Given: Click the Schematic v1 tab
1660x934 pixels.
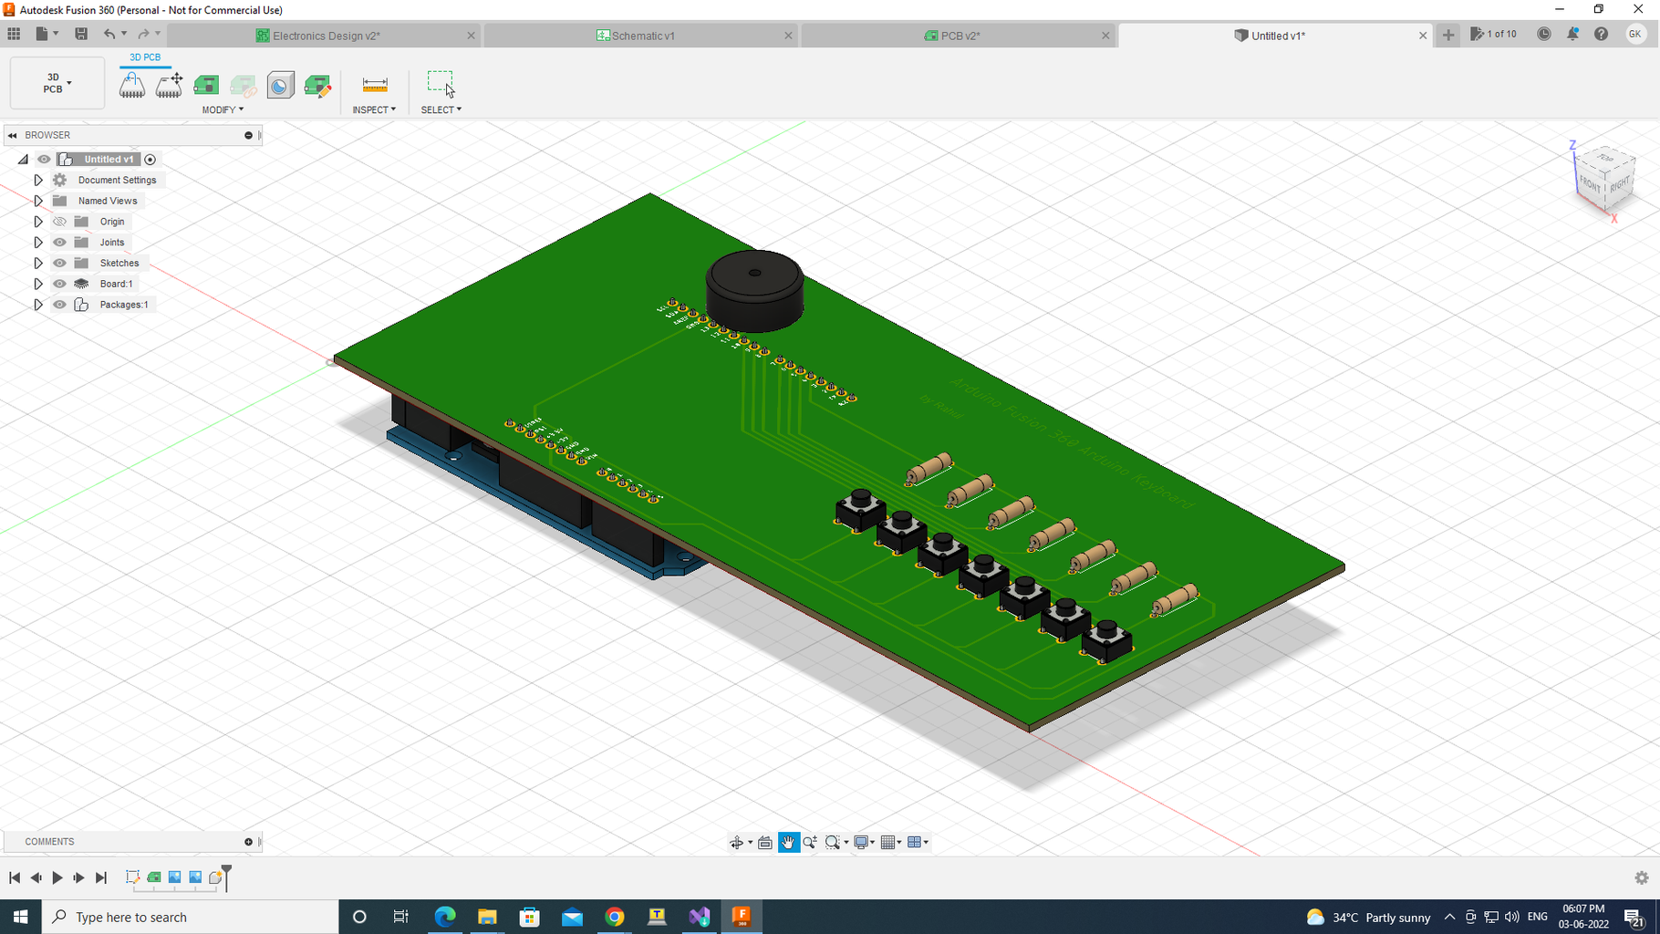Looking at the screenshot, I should click(642, 36).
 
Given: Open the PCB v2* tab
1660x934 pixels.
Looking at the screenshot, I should click(960, 36).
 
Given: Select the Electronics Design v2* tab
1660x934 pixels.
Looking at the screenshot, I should click(326, 36).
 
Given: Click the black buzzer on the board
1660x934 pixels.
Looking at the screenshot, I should click(754, 291).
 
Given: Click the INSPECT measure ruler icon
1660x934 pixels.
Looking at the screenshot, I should click(375, 85).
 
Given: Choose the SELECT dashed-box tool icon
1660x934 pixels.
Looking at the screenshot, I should click(441, 84).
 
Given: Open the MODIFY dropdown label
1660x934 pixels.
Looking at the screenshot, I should click(223, 109).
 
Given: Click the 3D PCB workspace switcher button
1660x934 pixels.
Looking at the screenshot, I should click(57, 83).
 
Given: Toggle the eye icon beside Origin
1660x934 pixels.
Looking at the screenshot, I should click(60, 222).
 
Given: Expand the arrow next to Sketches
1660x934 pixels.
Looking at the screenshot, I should click(38, 263).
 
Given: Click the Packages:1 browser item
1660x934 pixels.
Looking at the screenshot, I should click(123, 305).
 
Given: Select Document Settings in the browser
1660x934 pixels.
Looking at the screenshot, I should click(117, 180).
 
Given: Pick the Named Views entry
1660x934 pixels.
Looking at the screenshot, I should click(107, 201).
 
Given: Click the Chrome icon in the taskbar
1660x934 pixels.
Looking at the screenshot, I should click(615, 917).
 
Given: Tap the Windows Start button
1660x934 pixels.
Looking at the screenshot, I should click(20, 917).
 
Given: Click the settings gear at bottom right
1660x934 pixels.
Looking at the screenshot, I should click(1641, 877).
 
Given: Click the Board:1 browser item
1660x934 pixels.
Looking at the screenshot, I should click(116, 284).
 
